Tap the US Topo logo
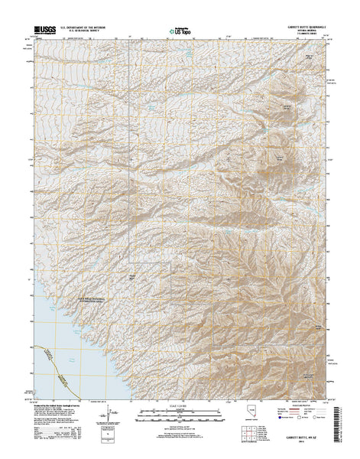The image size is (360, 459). click(179, 32)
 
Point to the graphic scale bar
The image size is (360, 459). click(180, 416)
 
